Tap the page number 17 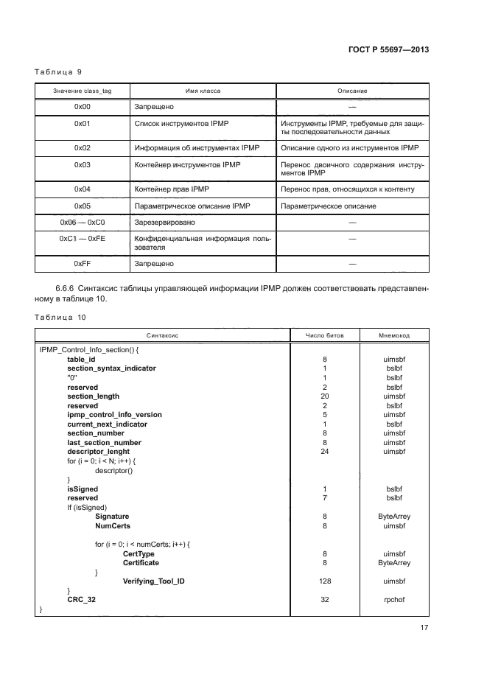point(424,628)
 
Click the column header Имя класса point(203,91)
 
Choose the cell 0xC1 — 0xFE point(82,239)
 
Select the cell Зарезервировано point(164,221)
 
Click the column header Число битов point(324,335)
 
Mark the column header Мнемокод point(394,335)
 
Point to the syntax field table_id point(81,359)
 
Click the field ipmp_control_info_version point(114,415)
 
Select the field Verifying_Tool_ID point(153,581)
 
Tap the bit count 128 point(324,581)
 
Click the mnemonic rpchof point(394,600)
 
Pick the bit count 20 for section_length point(324,396)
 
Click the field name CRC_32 point(81,600)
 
